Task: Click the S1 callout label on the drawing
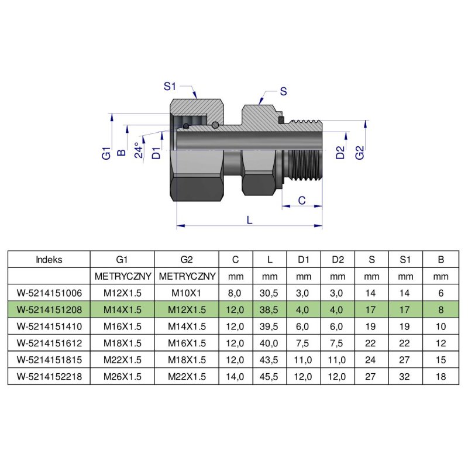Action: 170,87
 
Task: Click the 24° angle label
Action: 137,150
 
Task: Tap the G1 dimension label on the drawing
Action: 106,154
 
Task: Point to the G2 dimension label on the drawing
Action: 360,153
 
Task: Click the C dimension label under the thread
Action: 302,200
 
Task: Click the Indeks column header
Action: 49,259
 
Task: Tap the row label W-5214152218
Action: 49,377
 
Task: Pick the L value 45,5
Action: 270,377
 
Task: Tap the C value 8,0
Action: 235,292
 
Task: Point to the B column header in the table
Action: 441,259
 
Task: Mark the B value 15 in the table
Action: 441,360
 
